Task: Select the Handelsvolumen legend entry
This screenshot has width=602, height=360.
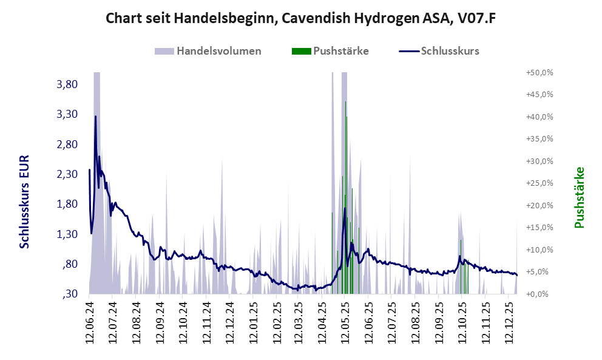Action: click(x=218, y=51)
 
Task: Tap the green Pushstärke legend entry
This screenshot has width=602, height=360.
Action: click(x=340, y=51)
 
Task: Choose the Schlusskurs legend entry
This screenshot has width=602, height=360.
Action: click(x=450, y=51)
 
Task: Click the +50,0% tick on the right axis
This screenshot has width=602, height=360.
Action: click(x=539, y=72)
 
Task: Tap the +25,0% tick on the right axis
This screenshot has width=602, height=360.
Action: click(x=539, y=183)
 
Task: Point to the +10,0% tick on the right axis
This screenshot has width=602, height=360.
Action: click(x=539, y=250)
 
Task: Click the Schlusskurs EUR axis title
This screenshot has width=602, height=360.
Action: click(x=25, y=201)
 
